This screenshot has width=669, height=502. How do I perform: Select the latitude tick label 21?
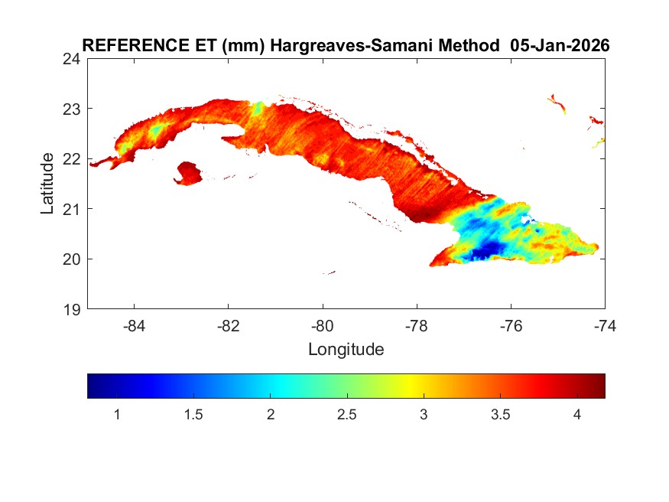(x=73, y=208)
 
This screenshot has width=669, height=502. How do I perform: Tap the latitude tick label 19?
(x=73, y=309)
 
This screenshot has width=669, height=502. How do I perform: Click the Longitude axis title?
(x=346, y=350)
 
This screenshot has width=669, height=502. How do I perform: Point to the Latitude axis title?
(x=47, y=184)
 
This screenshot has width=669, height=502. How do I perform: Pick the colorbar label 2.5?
(x=346, y=414)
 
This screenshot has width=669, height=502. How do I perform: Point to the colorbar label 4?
(x=576, y=414)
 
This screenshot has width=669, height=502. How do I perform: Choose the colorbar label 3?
(x=424, y=414)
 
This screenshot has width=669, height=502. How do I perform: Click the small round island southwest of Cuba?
(x=188, y=173)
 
